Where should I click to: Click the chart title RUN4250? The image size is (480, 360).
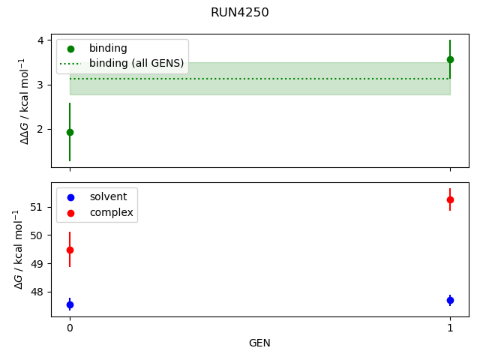point(240,13)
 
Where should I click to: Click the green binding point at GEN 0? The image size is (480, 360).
point(70,132)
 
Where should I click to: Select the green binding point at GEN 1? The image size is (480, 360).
point(450,59)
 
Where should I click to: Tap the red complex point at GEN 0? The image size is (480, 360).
point(70,250)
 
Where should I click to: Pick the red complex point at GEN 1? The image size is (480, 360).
point(450,199)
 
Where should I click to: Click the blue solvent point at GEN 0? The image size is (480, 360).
point(70,304)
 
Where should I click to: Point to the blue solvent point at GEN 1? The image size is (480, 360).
point(450,300)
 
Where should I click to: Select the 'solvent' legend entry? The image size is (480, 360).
point(108,196)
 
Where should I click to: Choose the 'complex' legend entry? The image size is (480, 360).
point(111,212)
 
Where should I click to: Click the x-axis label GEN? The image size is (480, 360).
point(259,343)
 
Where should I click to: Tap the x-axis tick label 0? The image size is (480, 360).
point(70,328)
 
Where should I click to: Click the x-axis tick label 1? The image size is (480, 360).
point(450,328)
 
